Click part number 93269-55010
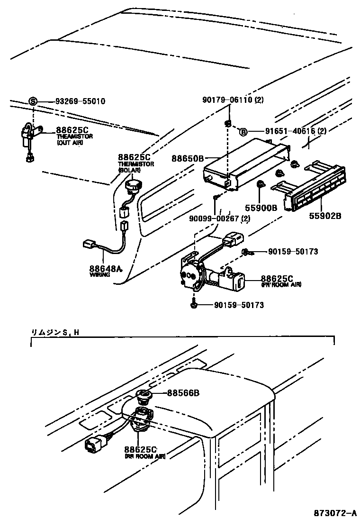tap(80, 101)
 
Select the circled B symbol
tap(243, 132)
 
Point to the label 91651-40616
tap(282, 132)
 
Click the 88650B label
tap(188, 158)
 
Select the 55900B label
tap(261, 207)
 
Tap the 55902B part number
tap(324, 216)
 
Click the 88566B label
tap(183, 393)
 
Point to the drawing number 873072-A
tap(333, 512)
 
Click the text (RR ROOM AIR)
tap(145, 456)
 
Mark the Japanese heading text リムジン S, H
tap(55, 333)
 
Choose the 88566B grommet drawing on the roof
tap(144, 396)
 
